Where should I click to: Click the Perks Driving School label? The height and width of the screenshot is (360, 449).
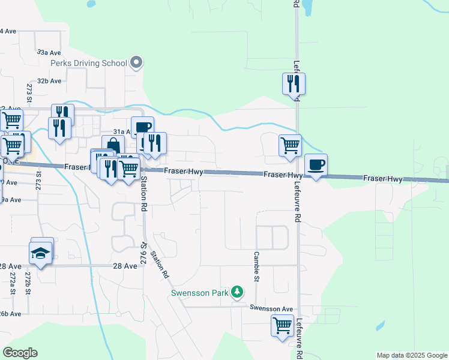point(89,63)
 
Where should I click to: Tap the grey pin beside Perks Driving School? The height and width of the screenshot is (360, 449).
point(136,62)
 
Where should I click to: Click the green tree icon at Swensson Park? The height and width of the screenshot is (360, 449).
point(238,292)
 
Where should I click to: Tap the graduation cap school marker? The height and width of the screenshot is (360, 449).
point(41,252)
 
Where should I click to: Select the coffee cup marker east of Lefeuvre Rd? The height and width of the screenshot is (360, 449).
point(316,164)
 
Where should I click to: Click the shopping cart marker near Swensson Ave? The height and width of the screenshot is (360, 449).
point(282,325)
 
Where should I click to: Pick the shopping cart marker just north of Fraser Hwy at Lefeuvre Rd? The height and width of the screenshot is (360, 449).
point(290,145)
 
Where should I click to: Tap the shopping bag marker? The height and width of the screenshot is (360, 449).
point(113,145)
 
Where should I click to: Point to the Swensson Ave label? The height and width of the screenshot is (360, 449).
point(271,308)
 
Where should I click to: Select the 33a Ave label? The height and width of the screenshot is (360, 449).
point(49,53)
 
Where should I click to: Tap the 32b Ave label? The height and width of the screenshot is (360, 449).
point(49,80)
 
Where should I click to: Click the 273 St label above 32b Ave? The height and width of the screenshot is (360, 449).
point(29,94)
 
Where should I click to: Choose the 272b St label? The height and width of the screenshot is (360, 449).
point(28,283)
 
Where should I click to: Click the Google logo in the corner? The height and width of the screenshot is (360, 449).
point(20,353)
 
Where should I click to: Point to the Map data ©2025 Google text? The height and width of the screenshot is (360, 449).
point(412,355)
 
